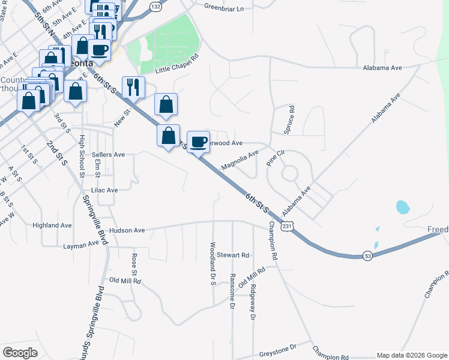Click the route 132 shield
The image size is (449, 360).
click(156, 7)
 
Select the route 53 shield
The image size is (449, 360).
click(367, 256)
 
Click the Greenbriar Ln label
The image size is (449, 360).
click(224, 8)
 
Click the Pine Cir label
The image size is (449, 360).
click(276, 158)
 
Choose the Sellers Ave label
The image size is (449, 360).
click(108, 154)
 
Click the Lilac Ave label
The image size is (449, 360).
click(104, 190)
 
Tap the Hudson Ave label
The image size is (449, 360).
click(127, 230)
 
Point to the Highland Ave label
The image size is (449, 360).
click(52, 225)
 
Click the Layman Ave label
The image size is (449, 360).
click(81, 245)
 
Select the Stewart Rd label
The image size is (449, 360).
click(233, 255)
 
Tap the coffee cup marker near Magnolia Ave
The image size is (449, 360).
click(199, 142)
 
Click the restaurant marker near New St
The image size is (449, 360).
click(133, 87)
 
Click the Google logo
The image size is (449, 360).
click(20, 353)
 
